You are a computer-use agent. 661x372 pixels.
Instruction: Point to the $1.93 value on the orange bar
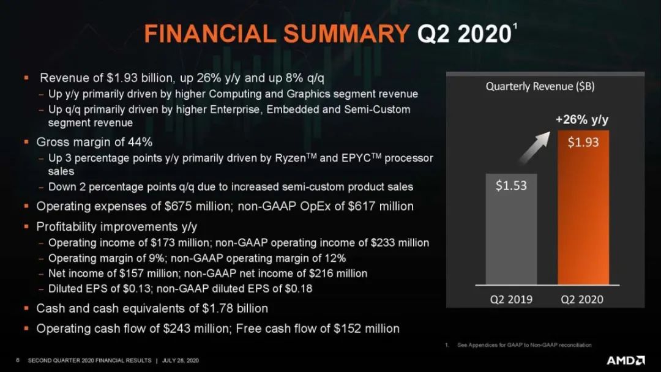tap(583, 143)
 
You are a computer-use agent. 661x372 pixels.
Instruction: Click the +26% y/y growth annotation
tap(582, 120)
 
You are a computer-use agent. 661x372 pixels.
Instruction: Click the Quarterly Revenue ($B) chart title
tap(540, 87)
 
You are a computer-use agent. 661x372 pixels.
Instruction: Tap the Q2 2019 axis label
tap(511, 299)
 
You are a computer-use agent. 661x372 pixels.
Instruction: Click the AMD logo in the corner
tap(626, 360)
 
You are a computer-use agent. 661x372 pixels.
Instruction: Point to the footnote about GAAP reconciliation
tap(524, 345)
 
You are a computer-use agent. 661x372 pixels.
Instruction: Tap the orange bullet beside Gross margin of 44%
tap(26, 142)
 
